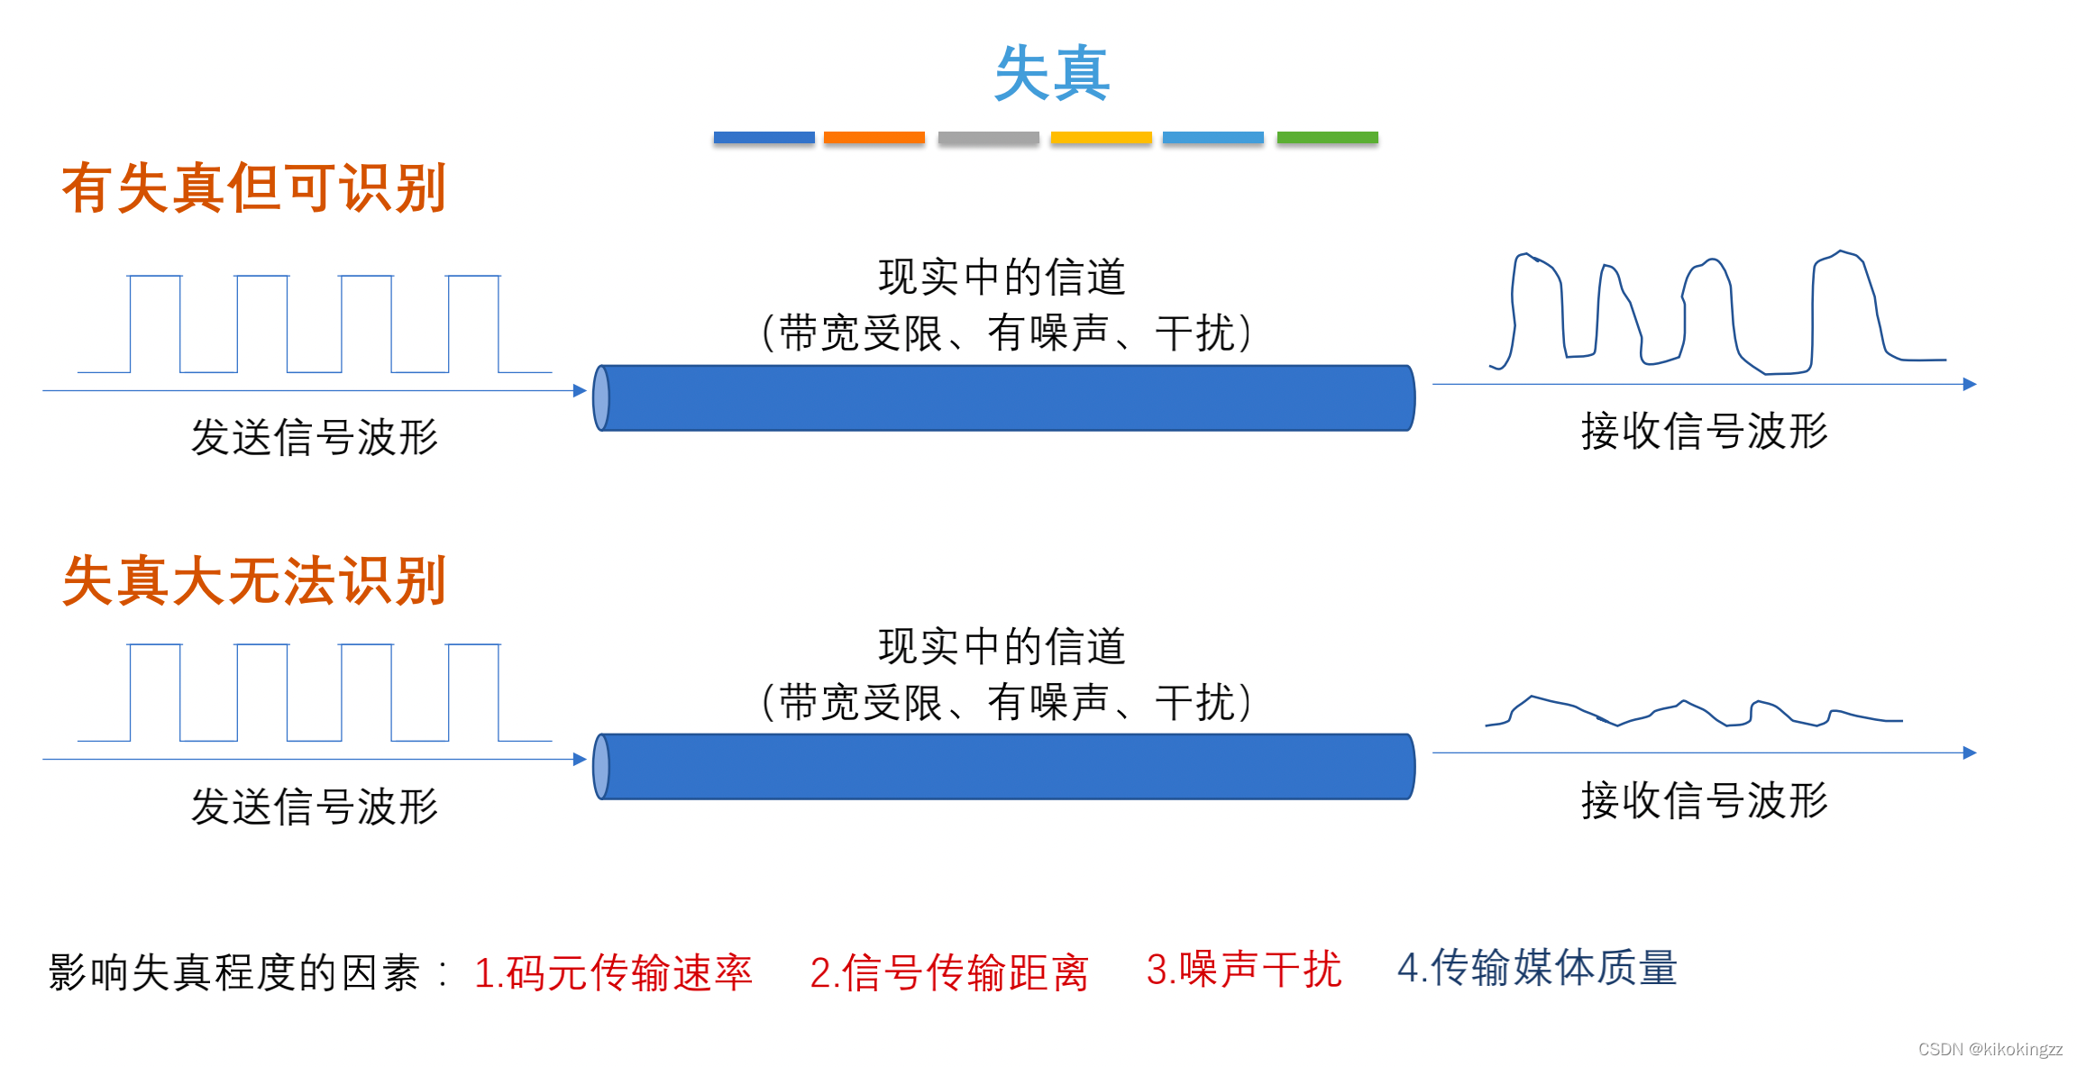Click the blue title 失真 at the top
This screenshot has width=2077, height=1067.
tap(1051, 73)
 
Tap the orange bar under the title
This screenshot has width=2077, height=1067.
tap(874, 138)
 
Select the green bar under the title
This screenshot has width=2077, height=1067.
tap(1327, 138)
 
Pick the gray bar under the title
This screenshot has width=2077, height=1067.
tap(988, 138)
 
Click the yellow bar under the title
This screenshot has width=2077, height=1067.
tap(1101, 138)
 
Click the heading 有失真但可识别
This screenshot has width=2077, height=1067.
tap(254, 188)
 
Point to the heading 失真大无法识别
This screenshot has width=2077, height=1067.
tap(254, 580)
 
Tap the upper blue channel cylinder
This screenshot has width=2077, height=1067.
tap(1004, 398)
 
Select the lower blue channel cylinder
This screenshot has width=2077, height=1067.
tap(1004, 767)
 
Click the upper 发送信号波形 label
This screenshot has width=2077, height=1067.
tap(314, 437)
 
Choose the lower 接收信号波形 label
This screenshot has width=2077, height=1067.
tap(1704, 800)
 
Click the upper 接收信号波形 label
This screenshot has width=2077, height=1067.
tap(1704, 431)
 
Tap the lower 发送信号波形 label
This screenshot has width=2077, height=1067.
tap(314, 806)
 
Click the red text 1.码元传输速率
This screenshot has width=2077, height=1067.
tap(613, 972)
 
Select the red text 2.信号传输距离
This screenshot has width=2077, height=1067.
tap(948, 972)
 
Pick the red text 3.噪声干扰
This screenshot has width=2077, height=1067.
tap(1243, 970)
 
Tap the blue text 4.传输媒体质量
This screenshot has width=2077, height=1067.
tap(1537, 968)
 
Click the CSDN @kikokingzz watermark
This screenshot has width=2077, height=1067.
tap(1990, 1049)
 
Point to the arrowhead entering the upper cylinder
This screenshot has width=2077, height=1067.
tap(580, 390)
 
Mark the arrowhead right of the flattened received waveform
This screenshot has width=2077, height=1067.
tap(1969, 752)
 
